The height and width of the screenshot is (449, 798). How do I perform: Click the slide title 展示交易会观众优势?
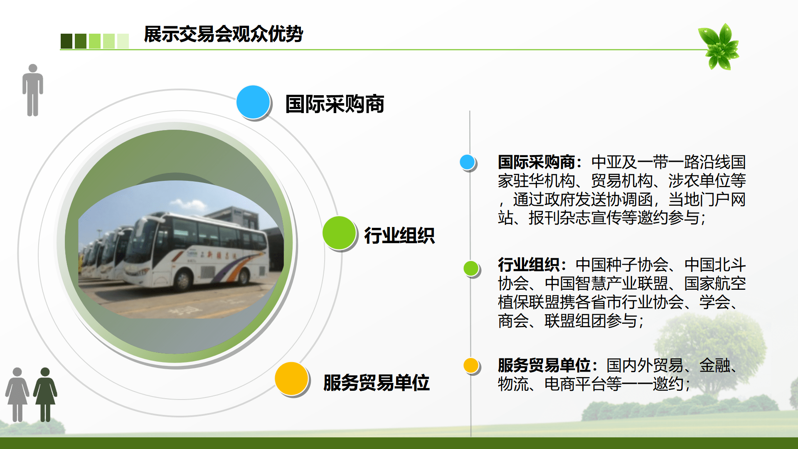223,34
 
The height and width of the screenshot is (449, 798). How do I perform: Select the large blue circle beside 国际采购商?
253,102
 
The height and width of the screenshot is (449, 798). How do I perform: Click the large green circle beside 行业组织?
339,233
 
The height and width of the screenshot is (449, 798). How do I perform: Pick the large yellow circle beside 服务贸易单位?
291,378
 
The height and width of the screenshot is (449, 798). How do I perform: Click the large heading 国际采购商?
335,104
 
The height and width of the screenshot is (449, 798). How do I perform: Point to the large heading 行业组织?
399,236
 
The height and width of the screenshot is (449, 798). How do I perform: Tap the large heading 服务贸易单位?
376,382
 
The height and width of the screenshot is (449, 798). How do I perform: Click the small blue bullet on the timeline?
468,162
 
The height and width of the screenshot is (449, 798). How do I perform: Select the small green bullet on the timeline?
471,268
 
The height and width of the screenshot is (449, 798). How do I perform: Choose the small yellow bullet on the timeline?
471,365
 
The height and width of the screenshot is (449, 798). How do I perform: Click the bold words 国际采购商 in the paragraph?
537,162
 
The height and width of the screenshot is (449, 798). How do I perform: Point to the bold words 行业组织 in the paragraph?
529,264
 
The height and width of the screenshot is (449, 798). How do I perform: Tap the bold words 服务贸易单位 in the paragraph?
544,365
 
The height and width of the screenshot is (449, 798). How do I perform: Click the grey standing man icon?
33,90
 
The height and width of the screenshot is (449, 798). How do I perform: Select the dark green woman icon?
45,395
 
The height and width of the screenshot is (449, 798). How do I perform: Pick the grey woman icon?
17,395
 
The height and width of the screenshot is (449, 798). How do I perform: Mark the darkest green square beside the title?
66,41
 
